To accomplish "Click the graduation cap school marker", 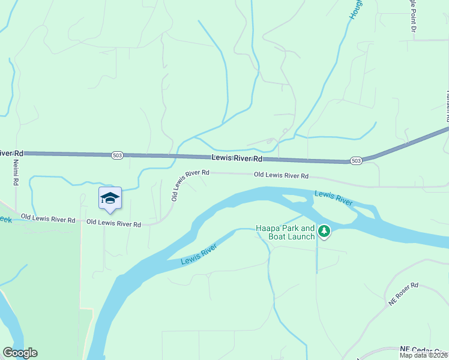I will [x=110, y=199].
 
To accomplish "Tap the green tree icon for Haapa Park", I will [x=324, y=231].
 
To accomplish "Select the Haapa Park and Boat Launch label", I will [x=285, y=232].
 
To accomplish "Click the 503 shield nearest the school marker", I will [x=118, y=155].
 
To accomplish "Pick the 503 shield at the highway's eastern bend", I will [x=357, y=161].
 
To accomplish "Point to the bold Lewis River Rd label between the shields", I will [x=237, y=158].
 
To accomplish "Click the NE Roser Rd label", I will [x=403, y=295].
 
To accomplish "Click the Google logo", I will [x=20, y=353].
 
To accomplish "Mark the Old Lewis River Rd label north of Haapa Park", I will [x=281, y=176].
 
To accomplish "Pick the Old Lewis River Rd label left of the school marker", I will [x=48, y=218].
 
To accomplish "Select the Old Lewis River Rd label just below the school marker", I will [x=113, y=224].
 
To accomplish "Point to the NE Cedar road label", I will [x=423, y=349].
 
